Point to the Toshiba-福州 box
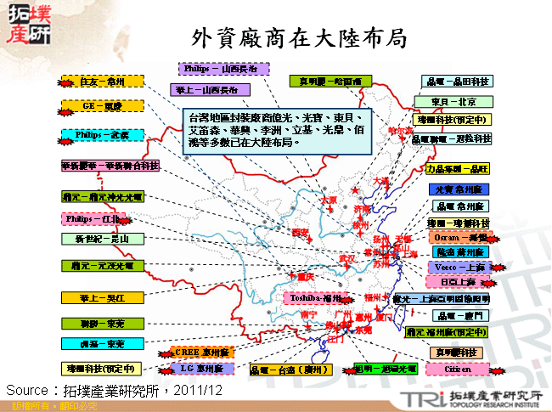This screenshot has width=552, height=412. (315, 298)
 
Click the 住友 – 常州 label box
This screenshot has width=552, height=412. (103, 82)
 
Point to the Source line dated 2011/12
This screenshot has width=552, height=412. (115, 389)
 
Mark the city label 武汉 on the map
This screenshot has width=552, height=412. (346, 257)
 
